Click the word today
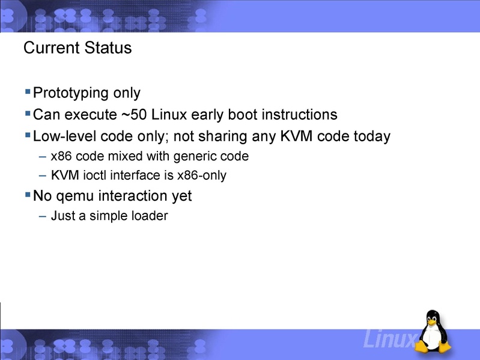[x=371, y=136]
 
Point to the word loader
[x=149, y=215]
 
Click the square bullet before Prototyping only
[x=28, y=92]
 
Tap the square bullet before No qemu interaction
[x=28, y=195]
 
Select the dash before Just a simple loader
[x=41, y=215]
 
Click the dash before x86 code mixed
[x=41, y=156]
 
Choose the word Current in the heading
[x=50, y=48]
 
